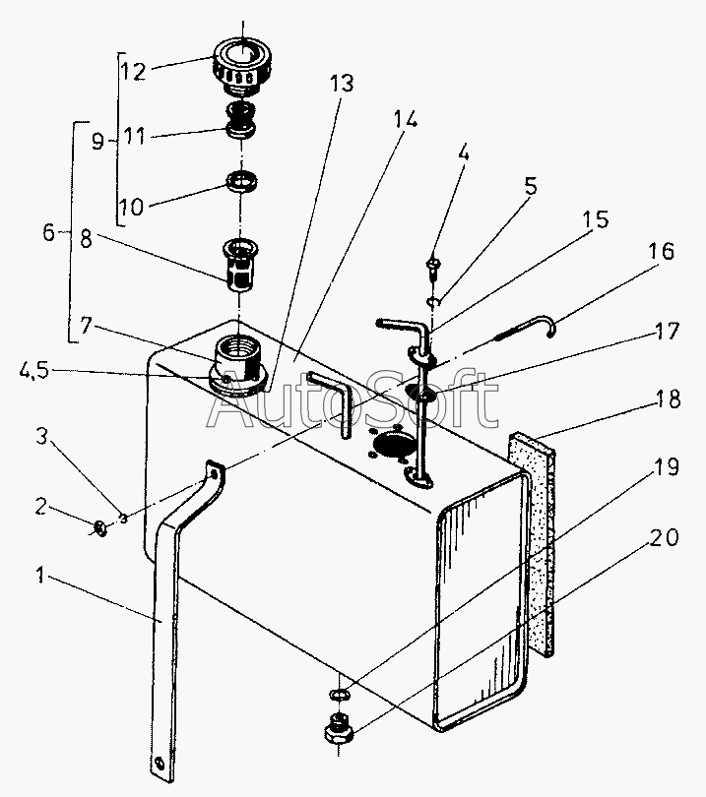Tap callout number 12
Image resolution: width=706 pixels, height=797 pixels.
point(133,72)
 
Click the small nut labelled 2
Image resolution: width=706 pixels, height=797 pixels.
point(100,529)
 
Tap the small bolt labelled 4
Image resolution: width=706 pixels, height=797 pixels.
point(433,264)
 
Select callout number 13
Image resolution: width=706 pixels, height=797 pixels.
point(341,85)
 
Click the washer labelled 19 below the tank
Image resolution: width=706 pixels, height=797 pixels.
point(338,697)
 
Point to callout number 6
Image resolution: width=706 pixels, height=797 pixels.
point(48,234)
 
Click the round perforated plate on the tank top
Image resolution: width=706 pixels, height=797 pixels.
point(390,445)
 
